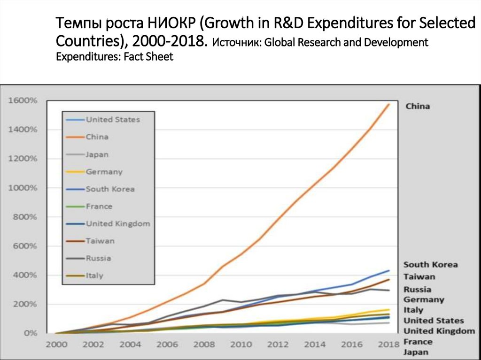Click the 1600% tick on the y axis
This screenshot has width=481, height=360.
coord(22,100)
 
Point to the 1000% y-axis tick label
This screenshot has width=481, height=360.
coord(22,188)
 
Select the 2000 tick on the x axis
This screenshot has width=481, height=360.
coord(56,345)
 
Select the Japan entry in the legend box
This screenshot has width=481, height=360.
coord(97,154)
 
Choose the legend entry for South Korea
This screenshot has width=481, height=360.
coord(110,189)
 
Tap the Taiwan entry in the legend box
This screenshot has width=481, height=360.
coord(100,241)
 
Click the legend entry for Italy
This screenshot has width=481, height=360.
coord(94,276)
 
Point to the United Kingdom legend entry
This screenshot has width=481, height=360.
coord(117,224)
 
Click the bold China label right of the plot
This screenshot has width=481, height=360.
coord(417,106)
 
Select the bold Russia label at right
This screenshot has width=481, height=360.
coord(417,290)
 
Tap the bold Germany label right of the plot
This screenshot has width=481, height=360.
coord(424,299)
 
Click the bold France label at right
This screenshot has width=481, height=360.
coord(418,341)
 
